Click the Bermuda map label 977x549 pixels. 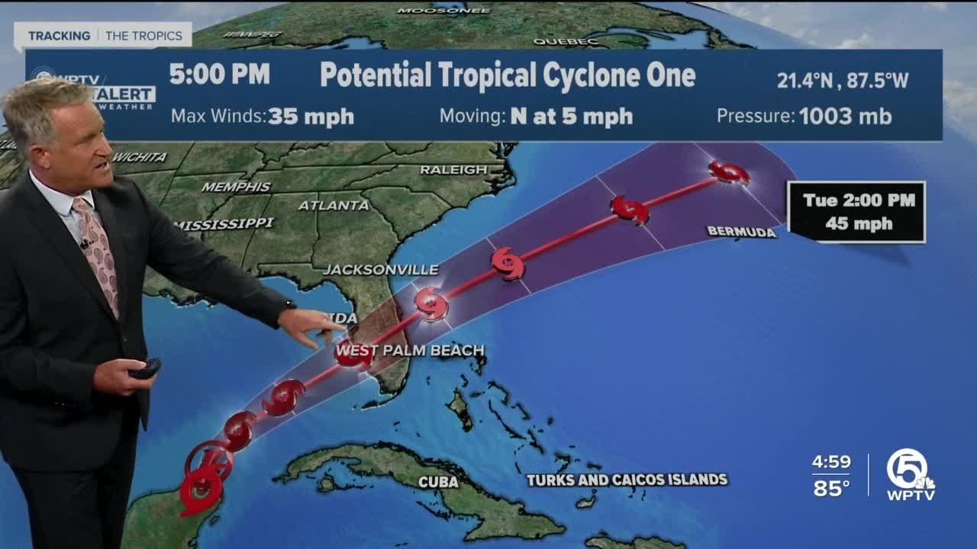[741, 232]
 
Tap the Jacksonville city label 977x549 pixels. [380, 270]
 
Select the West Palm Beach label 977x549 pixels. [410, 351]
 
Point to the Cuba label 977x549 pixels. [438, 482]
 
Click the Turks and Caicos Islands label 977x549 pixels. [627, 480]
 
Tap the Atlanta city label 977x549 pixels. [334, 205]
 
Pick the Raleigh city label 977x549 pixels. [453, 170]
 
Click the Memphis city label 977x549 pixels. [236, 187]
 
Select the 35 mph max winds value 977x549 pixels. [311, 117]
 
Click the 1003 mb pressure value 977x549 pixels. [845, 117]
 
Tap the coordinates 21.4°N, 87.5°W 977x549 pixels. [843, 80]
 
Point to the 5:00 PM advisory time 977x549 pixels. [219, 75]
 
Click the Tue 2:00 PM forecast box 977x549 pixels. [857, 212]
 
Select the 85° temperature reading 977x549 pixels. [831, 488]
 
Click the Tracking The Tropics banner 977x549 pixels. [103, 36]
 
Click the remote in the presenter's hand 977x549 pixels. [144, 369]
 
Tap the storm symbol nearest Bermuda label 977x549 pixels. [729, 172]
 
